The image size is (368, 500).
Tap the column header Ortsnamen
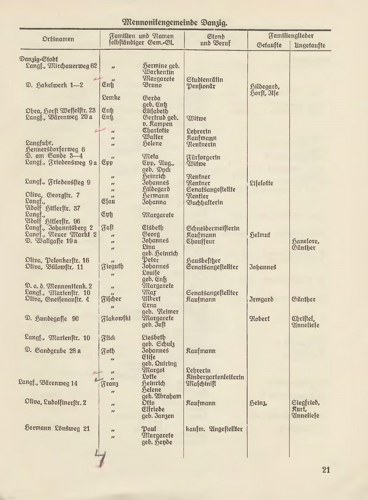pos(58,39)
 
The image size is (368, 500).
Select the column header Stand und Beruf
pos(216,40)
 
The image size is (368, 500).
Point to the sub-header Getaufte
pos(269,45)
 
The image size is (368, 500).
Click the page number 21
pos(326,470)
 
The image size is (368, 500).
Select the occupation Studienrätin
pos(205,79)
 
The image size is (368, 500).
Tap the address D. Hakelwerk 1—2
pos(54,85)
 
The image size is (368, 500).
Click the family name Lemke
pos(111,98)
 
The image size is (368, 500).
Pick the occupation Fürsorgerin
pos(204,157)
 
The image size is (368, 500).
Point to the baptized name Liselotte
pos(261,183)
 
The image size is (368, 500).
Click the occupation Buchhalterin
pos(205,202)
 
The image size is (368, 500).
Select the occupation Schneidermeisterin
pos(213,228)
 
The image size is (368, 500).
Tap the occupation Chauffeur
pos(201,241)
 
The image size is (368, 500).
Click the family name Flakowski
pos(116,318)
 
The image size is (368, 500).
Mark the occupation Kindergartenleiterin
pos(215,377)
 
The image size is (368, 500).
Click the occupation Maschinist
pos(201,384)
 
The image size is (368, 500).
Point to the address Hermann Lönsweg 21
pos(57,429)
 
